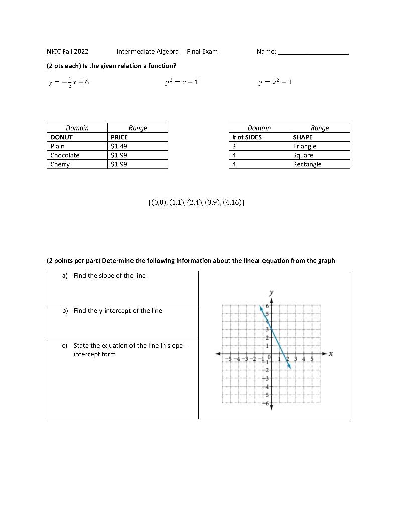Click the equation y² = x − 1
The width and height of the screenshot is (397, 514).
(x=181, y=82)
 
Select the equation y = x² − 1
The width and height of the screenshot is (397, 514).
(x=275, y=82)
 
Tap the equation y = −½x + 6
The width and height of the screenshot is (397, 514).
(x=69, y=82)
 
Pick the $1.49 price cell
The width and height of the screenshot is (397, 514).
(x=119, y=146)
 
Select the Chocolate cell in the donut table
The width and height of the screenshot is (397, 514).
(x=65, y=155)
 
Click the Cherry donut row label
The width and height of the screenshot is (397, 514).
(x=60, y=164)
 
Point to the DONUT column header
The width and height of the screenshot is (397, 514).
(x=61, y=137)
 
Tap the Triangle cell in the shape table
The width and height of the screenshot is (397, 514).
(x=304, y=146)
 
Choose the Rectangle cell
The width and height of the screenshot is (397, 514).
(x=307, y=164)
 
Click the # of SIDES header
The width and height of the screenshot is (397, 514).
(x=246, y=137)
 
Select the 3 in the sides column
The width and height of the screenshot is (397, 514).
(x=234, y=146)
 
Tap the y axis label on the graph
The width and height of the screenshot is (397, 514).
(x=271, y=292)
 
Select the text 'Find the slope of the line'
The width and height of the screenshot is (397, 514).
(x=109, y=276)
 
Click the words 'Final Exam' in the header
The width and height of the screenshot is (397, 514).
(x=202, y=52)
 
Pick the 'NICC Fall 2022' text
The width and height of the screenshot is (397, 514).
(x=67, y=52)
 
